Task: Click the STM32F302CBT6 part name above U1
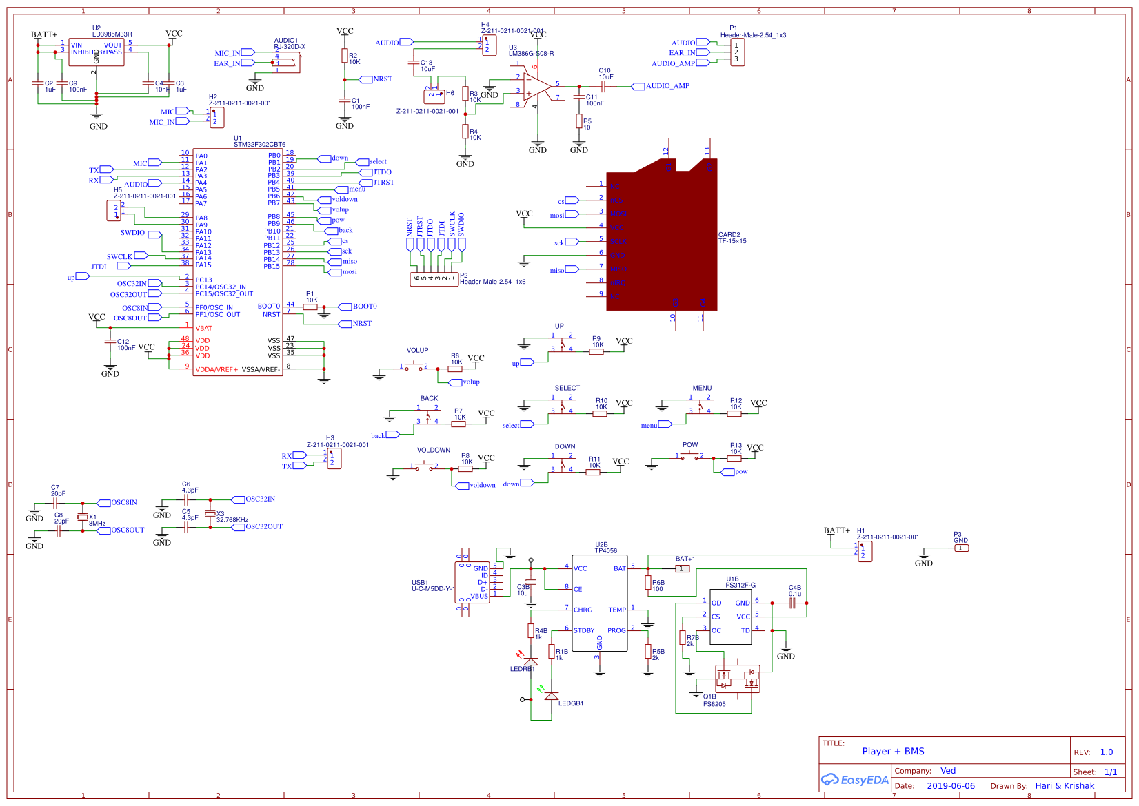pos(259,145)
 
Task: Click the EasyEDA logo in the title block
pos(854,780)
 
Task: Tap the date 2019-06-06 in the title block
pos(950,786)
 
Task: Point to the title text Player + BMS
pos(893,752)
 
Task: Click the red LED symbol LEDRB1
pos(531,661)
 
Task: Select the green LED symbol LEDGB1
pos(552,695)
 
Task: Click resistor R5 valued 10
pos(579,121)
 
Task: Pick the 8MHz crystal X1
pos(83,517)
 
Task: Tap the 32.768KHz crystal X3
pos(210,514)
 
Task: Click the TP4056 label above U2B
pos(606,550)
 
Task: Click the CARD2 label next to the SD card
pos(729,235)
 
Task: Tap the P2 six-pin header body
pos(434,279)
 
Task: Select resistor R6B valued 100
pos(648,583)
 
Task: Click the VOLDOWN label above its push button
pos(433,450)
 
